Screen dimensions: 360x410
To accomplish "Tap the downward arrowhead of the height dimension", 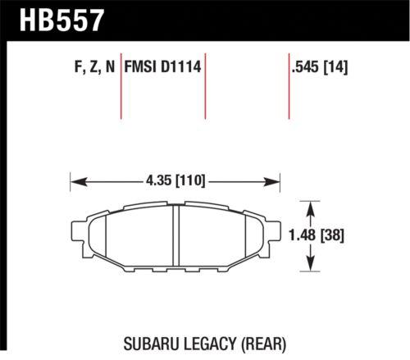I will click(x=311, y=267).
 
